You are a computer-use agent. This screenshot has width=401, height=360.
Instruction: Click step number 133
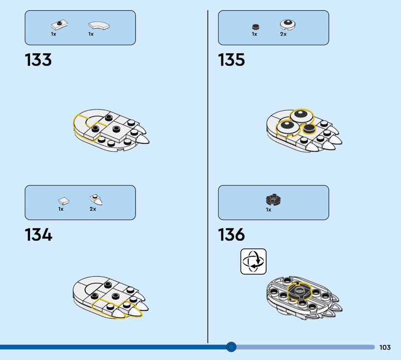38,60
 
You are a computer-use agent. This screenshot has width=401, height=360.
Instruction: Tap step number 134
38,235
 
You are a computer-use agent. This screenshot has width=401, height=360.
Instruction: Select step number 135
232,60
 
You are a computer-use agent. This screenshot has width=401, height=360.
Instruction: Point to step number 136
232,235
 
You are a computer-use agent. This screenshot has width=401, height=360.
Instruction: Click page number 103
385,347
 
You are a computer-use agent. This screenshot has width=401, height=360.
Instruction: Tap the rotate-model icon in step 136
253,261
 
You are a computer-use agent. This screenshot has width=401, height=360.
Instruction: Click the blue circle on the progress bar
231,346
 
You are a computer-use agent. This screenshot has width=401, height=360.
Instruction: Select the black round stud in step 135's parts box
255,26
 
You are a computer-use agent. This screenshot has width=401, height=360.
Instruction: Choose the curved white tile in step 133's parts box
99,25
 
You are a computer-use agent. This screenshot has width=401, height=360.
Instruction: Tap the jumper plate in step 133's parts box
58,25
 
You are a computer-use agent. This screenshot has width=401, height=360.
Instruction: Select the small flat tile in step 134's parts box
63,201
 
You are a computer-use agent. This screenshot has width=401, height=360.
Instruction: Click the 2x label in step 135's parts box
283,34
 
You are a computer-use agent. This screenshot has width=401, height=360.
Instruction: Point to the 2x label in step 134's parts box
93,209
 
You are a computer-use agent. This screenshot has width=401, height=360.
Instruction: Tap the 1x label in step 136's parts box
269,210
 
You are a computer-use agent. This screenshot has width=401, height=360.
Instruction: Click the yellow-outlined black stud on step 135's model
307,130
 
